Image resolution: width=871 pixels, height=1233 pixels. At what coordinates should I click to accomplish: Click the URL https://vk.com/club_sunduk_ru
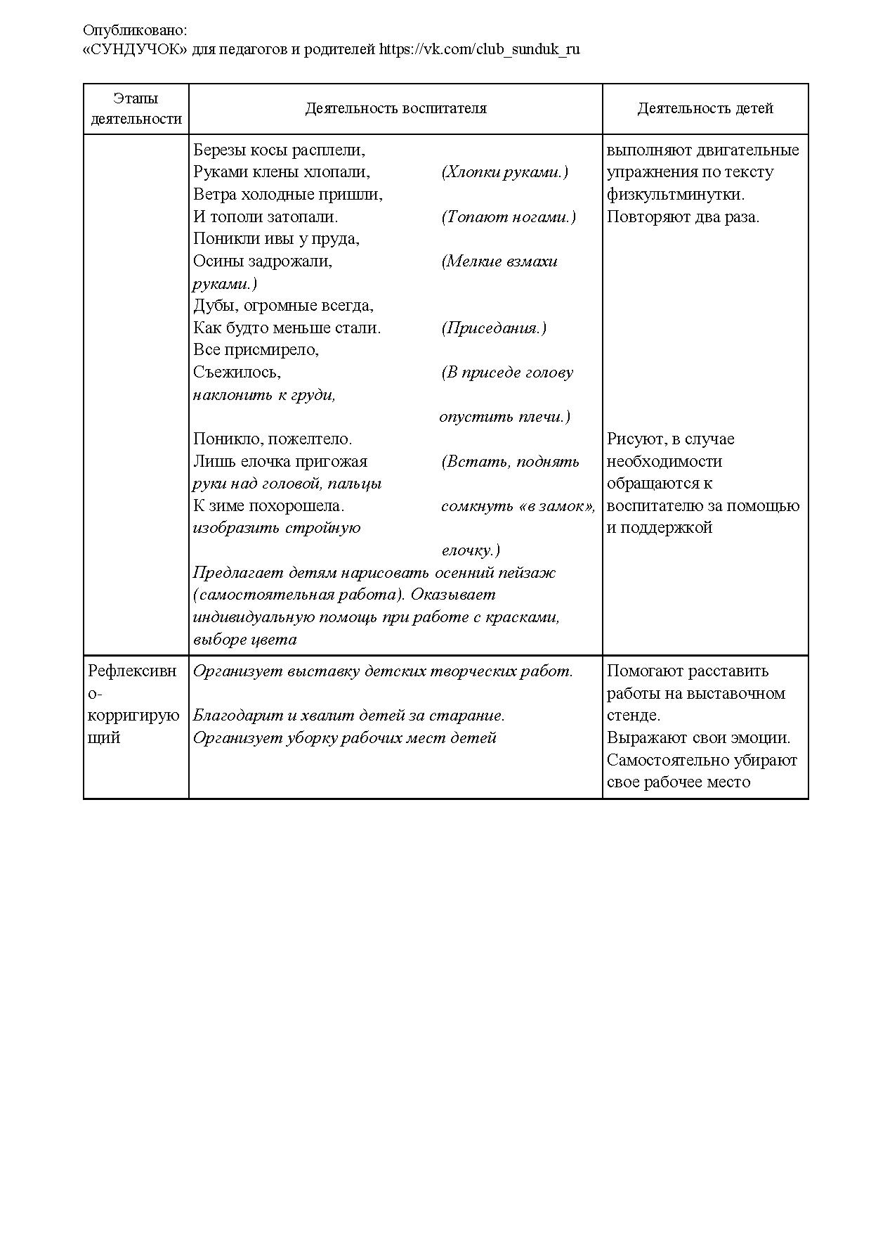[x=480, y=50]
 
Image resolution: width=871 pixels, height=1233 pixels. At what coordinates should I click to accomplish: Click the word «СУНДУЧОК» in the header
[x=136, y=50]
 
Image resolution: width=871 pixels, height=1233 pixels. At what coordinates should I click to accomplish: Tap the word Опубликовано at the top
[x=135, y=30]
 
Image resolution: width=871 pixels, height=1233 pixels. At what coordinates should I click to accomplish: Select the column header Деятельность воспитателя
[x=395, y=108]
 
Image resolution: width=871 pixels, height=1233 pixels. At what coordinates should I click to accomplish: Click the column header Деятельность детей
[x=705, y=108]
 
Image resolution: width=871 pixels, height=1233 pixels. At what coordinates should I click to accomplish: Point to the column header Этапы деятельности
[x=136, y=109]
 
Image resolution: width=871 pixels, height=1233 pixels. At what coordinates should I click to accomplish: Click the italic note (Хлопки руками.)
[x=504, y=172]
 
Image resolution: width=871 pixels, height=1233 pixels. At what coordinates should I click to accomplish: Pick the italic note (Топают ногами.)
[x=509, y=217]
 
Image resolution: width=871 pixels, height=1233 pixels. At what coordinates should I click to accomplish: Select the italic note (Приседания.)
[x=494, y=328]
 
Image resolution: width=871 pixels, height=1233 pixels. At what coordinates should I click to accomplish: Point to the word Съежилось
[x=237, y=373]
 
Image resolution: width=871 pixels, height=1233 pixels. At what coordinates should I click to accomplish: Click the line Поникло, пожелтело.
[x=273, y=439]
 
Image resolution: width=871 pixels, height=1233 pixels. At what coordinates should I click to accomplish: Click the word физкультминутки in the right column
[x=675, y=195]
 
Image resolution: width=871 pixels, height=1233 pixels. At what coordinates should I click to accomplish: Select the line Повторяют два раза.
[x=683, y=217]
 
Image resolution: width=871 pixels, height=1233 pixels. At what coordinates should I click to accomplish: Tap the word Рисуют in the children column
[x=636, y=439]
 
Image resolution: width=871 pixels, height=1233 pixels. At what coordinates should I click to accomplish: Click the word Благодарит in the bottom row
[x=238, y=716]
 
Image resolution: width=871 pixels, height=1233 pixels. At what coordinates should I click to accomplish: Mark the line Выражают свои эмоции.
[x=698, y=738]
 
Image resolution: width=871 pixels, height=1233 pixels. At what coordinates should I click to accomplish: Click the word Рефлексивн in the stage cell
[x=132, y=671]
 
